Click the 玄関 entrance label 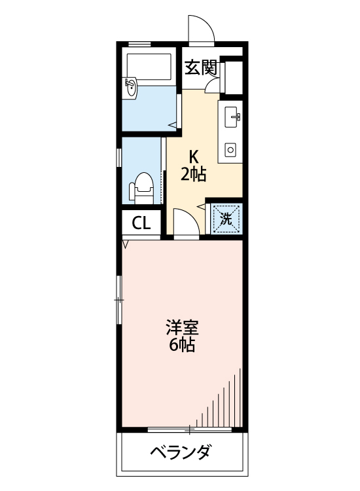tap(200, 67)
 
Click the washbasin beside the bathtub tap(131, 87)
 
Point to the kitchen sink tap(232, 117)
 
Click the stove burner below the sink tap(230, 150)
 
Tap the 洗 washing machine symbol tap(226, 219)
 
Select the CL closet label tap(142, 223)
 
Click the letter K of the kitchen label tap(194, 157)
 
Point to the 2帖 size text tap(194, 174)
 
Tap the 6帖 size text tap(182, 345)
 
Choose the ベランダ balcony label tap(181, 452)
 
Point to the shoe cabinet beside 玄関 tap(232, 76)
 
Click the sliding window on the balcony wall tap(190, 430)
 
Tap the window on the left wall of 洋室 tap(119, 299)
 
